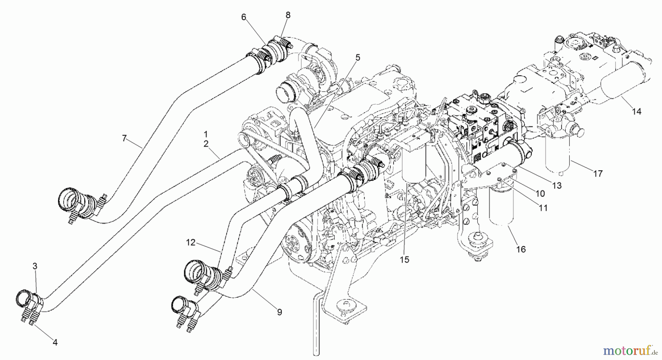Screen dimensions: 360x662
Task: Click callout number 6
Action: click(243, 17)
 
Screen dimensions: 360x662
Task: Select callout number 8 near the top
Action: click(288, 15)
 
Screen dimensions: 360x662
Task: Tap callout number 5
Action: click(357, 58)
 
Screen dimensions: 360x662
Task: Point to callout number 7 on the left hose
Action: click(124, 138)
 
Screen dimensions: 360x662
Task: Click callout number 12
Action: click(190, 242)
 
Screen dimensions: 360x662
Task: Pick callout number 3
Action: click(35, 266)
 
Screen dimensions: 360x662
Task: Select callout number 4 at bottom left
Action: click(55, 342)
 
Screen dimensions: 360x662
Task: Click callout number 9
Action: click(280, 312)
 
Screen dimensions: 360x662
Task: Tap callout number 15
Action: click(405, 260)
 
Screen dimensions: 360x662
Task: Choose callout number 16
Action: click(521, 249)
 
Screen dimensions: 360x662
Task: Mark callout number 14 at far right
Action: click(637, 111)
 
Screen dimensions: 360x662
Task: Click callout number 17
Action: click(598, 173)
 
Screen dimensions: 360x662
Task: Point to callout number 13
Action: click(557, 186)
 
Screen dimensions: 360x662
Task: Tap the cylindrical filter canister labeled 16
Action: click(501, 206)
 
